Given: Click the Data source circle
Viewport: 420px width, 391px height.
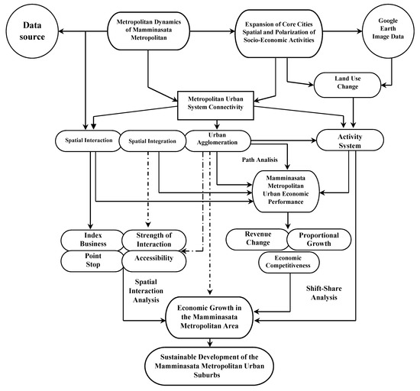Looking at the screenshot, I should click(31, 31).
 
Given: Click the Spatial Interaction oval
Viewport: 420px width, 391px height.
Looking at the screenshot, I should click(90, 141).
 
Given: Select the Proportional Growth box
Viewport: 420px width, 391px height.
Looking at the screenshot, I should click(319, 239).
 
